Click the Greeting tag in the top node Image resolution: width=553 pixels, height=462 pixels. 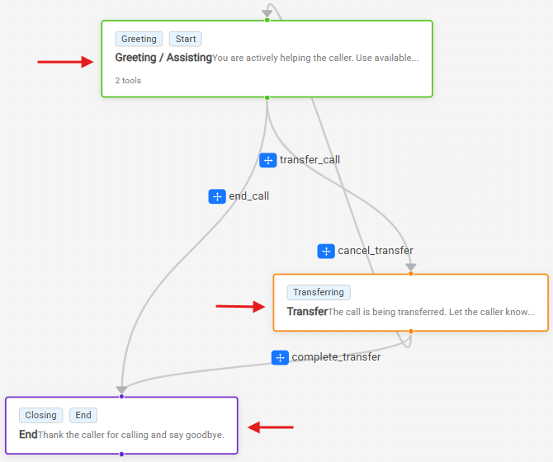coord(139,39)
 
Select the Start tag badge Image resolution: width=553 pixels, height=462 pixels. coord(186,39)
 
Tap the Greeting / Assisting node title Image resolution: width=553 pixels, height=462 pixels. coord(163,58)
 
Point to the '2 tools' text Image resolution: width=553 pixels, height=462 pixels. coord(128,81)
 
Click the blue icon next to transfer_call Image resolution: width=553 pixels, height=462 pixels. coord(268,160)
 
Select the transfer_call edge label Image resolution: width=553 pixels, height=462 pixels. coord(310,160)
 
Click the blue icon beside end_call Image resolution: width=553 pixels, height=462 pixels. coord(217,196)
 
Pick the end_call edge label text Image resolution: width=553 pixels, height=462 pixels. coord(249,196)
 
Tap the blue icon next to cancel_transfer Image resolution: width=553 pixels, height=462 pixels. coord(326,252)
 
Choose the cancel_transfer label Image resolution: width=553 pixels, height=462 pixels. coord(376,251)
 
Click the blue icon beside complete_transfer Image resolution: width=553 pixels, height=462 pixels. coord(280,358)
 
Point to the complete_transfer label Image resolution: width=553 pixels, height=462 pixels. coord(336,357)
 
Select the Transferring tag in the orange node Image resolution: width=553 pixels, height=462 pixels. coord(319,292)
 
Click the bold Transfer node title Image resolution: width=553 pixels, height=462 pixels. coord(307,312)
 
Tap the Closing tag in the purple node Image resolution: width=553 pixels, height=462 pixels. coord(41,415)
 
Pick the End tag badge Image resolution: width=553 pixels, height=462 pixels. coord(83,415)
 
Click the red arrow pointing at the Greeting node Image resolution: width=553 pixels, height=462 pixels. coord(65,62)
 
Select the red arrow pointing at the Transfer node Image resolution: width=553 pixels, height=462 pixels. coord(240,306)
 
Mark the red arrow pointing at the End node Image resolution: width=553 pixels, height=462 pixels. coord(271,427)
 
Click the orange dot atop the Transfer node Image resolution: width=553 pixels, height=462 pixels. coord(411,273)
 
